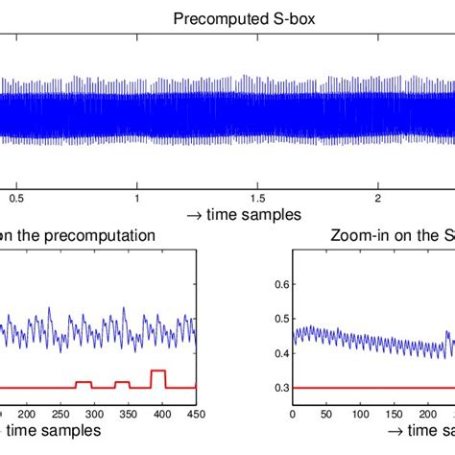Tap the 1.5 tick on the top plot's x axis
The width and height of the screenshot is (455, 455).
click(258, 198)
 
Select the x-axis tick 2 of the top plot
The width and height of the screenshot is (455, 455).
click(378, 198)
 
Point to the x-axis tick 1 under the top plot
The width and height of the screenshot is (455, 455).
click(138, 198)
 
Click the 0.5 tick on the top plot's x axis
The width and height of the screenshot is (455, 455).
click(17, 198)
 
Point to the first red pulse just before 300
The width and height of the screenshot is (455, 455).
click(84, 382)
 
